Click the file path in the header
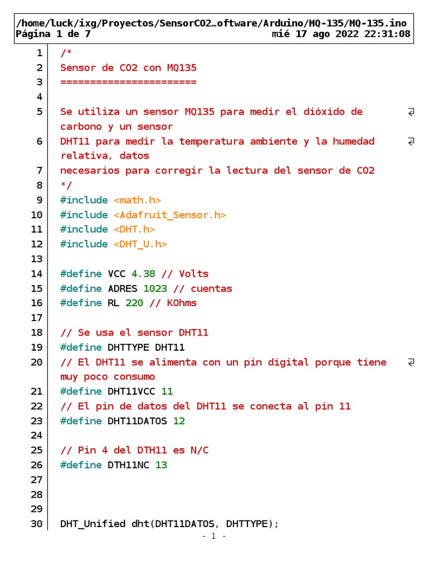tap(211, 23)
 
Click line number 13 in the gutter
tap(37, 259)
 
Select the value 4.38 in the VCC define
tap(143, 274)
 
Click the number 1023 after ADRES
tap(155, 289)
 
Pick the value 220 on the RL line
tap(134, 303)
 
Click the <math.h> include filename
tap(137, 200)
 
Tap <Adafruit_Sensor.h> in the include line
tap(170, 215)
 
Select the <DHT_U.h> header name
tap(140, 244)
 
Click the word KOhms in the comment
tap(182, 303)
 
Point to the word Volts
tap(193, 274)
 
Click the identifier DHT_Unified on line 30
tap(93, 524)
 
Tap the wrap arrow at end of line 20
tap(411, 362)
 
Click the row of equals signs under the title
tap(128, 82)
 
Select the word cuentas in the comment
tap(211, 289)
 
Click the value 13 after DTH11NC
tap(161, 465)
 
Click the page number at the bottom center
tap(213, 536)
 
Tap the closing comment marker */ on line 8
tap(66, 185)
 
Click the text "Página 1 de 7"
tap(53, 34)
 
